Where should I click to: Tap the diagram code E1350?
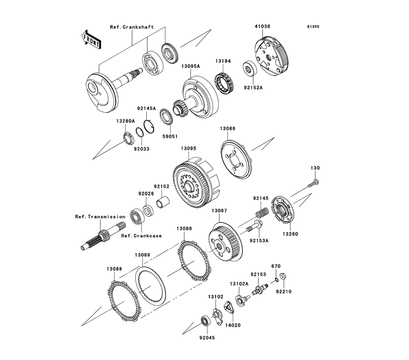tap(313, 27)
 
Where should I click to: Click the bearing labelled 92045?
tap(204, 321)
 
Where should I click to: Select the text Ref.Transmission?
tap(100, 216)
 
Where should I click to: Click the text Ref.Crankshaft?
tap(132, 27)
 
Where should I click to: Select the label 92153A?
tap(259, 241)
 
